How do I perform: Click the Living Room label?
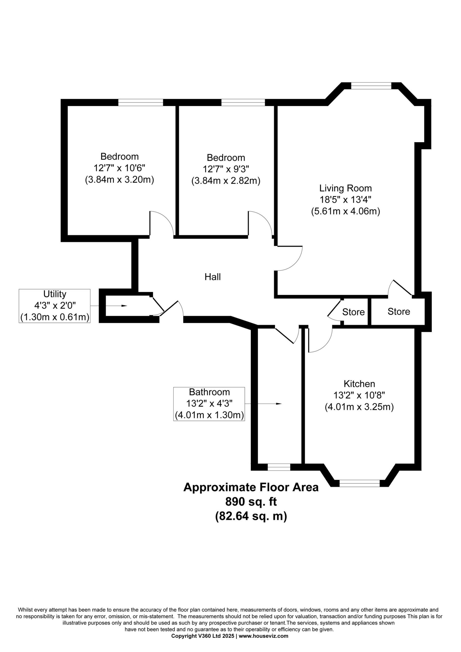click(x=345, y=188)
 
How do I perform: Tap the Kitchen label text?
click(x=359, y=384)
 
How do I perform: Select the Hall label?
click(x=213, y=277)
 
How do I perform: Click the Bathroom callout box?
click(x=209, y=404)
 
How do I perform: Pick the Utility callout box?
click(x=55, y=306)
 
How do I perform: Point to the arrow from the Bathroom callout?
click(x=263, y=404)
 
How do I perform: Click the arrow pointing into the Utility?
click(x=109, y=306)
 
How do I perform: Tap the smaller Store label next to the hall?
click(x=353, y=312)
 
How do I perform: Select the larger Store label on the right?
click(x=399, y=311)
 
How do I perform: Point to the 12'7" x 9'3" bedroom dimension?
click(x=226, y=169)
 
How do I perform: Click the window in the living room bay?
click(x=371, y=86)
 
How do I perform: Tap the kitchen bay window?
click(x=360, y=483)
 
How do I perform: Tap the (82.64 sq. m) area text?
click(x=251, y=516)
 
